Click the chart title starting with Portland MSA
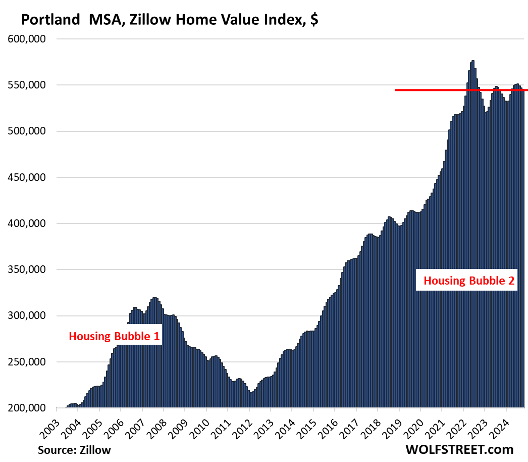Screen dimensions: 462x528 pos(169,20)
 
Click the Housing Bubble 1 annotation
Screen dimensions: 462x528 pos(114,336)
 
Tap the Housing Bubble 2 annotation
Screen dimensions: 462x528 pos(469,281)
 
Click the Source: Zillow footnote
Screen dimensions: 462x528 pos(74,449)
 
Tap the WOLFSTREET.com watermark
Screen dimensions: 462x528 pos(459,449)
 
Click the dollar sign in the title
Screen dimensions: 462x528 pos(314,20)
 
